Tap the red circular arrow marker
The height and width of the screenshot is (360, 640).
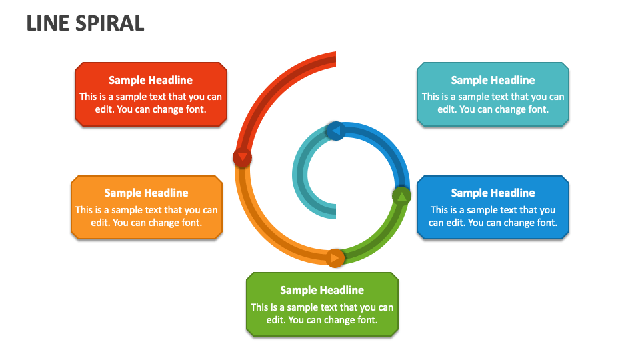243,157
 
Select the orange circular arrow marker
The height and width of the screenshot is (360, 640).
335,257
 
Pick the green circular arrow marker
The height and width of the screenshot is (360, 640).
401,196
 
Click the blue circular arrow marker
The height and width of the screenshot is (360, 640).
335,131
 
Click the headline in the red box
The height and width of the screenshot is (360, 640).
151,80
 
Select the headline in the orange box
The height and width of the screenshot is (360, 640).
146,193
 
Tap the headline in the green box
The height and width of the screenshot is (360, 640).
322,290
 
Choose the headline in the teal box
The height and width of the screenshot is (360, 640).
493,80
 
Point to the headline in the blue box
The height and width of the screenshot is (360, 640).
493,193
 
